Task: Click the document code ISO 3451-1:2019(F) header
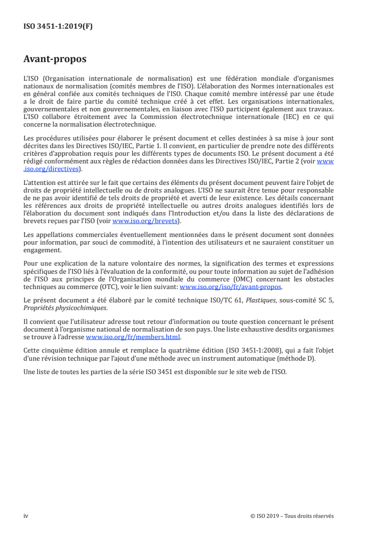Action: click(58, 27)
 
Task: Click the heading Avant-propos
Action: click(54, 60)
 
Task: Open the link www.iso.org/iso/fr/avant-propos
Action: click(230, 287)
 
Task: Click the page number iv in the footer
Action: click(26, 516)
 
